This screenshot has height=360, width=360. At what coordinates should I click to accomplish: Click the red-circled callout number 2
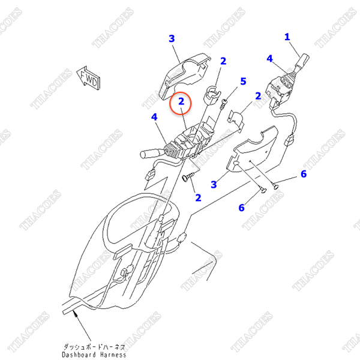tap(181, 101)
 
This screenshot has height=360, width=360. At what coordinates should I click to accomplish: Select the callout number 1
tap(287, 37)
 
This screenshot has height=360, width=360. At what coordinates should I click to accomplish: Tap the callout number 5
tap(243, 81)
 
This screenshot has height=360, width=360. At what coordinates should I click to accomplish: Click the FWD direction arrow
tap(88, 78)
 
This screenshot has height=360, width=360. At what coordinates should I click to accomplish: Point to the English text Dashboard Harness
tap(94, 355)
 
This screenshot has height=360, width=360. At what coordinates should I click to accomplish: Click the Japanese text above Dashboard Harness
tap(94, 347)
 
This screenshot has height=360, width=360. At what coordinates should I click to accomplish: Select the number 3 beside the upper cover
tap(172, 38)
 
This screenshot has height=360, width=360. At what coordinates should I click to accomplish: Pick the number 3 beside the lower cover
tap(214, 184)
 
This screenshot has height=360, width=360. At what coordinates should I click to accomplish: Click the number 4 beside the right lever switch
tap(269, 59)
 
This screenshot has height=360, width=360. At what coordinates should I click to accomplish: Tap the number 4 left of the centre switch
tap(154, 117)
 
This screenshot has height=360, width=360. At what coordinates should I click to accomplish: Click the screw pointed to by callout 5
tap(223, 104)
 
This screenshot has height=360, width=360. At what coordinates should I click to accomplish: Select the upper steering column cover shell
tap(184, 76)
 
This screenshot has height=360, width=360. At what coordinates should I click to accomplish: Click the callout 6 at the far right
tap(304, 174)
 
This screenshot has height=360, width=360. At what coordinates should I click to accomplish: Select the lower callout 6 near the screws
tap(241, 208)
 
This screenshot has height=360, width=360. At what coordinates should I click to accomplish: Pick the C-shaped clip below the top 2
tap(212, 95)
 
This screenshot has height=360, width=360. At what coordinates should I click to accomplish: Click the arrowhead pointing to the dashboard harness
tap(74, 313)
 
